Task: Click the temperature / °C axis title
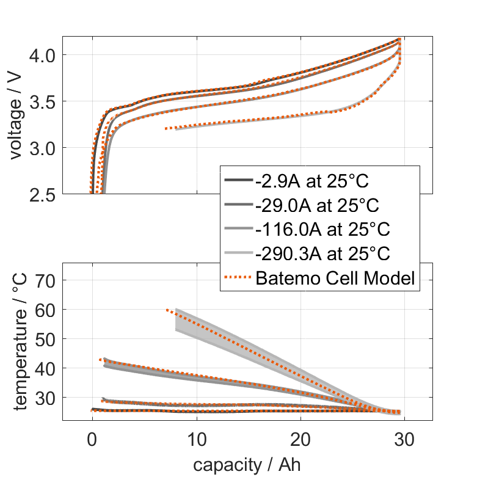pyautogui.click(x=21, y=341)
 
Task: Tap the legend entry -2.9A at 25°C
pyautogui.click(x=313, y=181)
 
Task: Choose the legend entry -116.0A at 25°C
pyautogui.click(x=321, y=230)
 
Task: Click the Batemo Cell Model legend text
pyautogui.click(x=335, y=279)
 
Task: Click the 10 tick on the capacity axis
pyautogui.click(x=197, y=439)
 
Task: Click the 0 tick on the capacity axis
pyautogui.click(x=92, y=439)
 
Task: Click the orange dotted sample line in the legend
pyautogui.click(x=238, y=279)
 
